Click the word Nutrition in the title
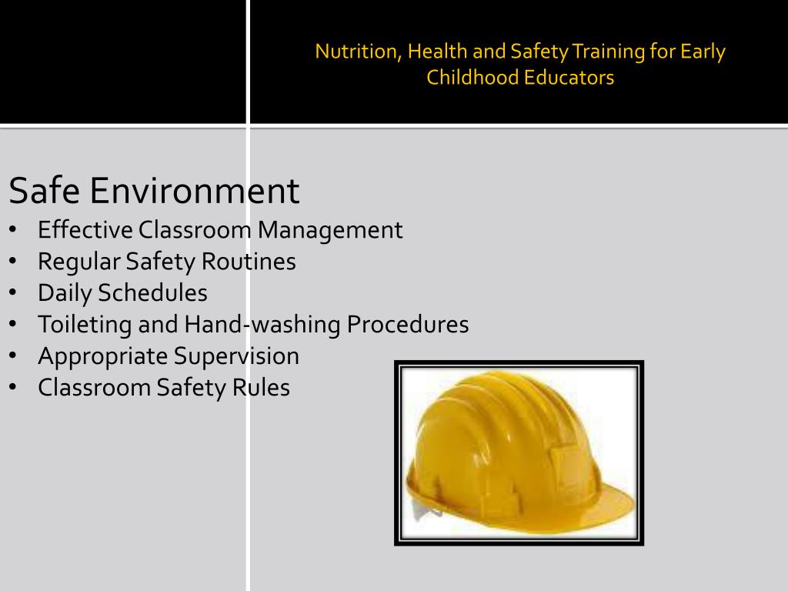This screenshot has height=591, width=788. (x=357, y=52)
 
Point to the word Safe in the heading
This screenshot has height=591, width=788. (x=44, y=191)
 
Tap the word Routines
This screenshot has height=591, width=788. (x=249, y=262)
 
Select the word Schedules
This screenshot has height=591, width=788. (x=163, y=293)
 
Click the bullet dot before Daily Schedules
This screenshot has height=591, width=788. (x=14, y=293)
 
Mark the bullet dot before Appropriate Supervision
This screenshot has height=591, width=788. (x=14, y=356)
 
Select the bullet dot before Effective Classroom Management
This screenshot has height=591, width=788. (x=14, y=230)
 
